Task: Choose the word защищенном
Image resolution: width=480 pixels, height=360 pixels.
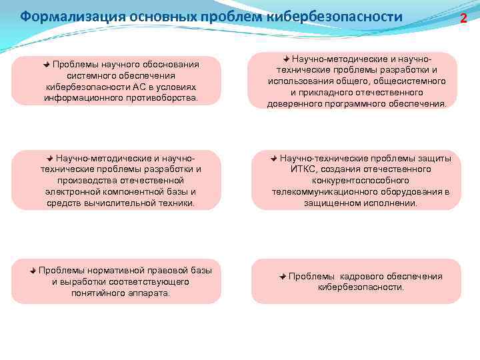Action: click(x=333, y=203)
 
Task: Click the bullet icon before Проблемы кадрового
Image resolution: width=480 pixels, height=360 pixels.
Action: click(x=283, y=276)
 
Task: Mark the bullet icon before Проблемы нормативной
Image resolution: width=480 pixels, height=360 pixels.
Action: click(x=33, y=270)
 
